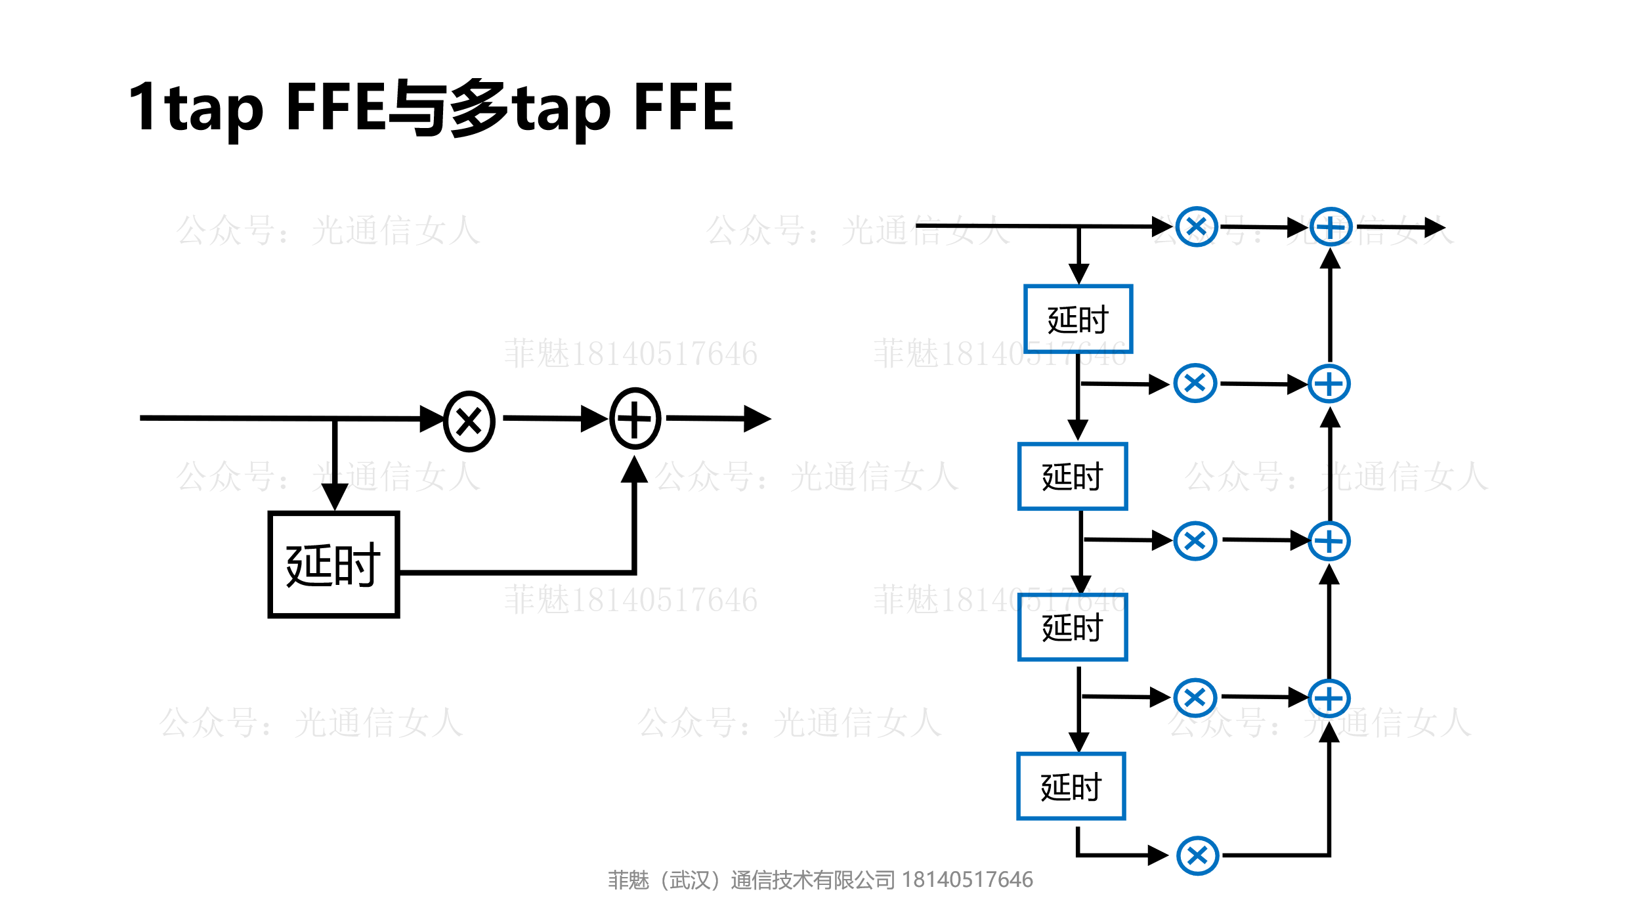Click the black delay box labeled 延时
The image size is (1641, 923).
point(333,565)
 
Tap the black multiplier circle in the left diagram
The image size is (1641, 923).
point(469,421)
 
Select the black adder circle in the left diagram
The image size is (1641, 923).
point(635,418)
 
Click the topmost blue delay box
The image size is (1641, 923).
point(1078,319)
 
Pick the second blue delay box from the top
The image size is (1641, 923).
point(1073,477)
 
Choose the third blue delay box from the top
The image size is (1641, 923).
point(1073,628)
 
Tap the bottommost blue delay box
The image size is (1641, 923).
point(1071,786)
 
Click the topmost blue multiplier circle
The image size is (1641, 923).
point(1197,227)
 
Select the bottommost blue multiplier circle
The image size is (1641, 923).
point(1198,856)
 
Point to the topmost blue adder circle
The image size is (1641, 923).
point(1331,228)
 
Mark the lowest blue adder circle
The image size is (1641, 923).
point(1329,698)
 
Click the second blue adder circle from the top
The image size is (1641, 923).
point(1329,384)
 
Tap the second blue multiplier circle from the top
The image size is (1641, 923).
point(1195,383)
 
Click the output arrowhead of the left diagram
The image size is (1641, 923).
point(758,419)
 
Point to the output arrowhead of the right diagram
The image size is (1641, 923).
point(1435,228)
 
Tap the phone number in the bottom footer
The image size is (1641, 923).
point(967,880)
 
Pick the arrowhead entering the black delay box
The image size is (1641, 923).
point(335,497)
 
